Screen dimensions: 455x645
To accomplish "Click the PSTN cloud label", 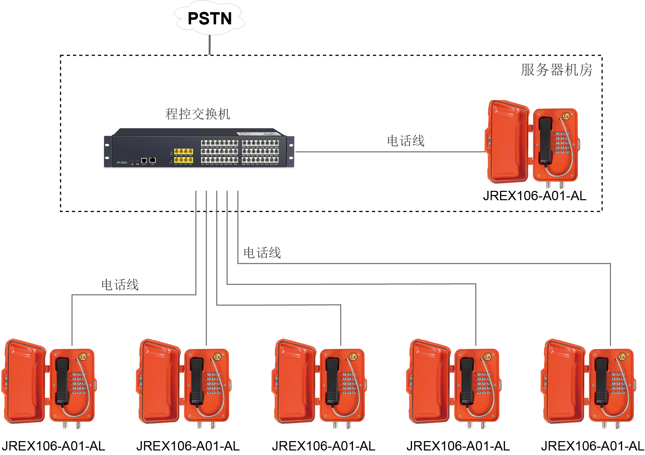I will point(209,18).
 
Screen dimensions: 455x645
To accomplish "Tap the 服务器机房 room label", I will point(556,70).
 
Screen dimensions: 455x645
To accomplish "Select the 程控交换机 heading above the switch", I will point(197,114).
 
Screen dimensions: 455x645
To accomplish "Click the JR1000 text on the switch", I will point(122,162).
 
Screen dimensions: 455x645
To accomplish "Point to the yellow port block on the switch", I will point(183,155).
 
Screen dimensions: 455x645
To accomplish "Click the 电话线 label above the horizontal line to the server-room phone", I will point(405,141).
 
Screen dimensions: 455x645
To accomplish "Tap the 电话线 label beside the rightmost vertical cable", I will point(262,253).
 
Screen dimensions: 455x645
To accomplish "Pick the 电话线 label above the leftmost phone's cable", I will point(120,285).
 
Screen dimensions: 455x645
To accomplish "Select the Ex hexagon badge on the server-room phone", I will point(566,116).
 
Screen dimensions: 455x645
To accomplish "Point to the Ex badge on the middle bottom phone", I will point(353,357).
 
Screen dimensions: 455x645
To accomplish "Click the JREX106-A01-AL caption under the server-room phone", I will point(534,196).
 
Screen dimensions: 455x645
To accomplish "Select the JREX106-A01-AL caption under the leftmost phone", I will point(53,446).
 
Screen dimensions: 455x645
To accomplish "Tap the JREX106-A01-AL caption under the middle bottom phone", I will point(323,446).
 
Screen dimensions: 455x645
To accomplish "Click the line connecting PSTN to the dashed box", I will point(210,45).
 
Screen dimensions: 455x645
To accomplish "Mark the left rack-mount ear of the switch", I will point(107,152).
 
